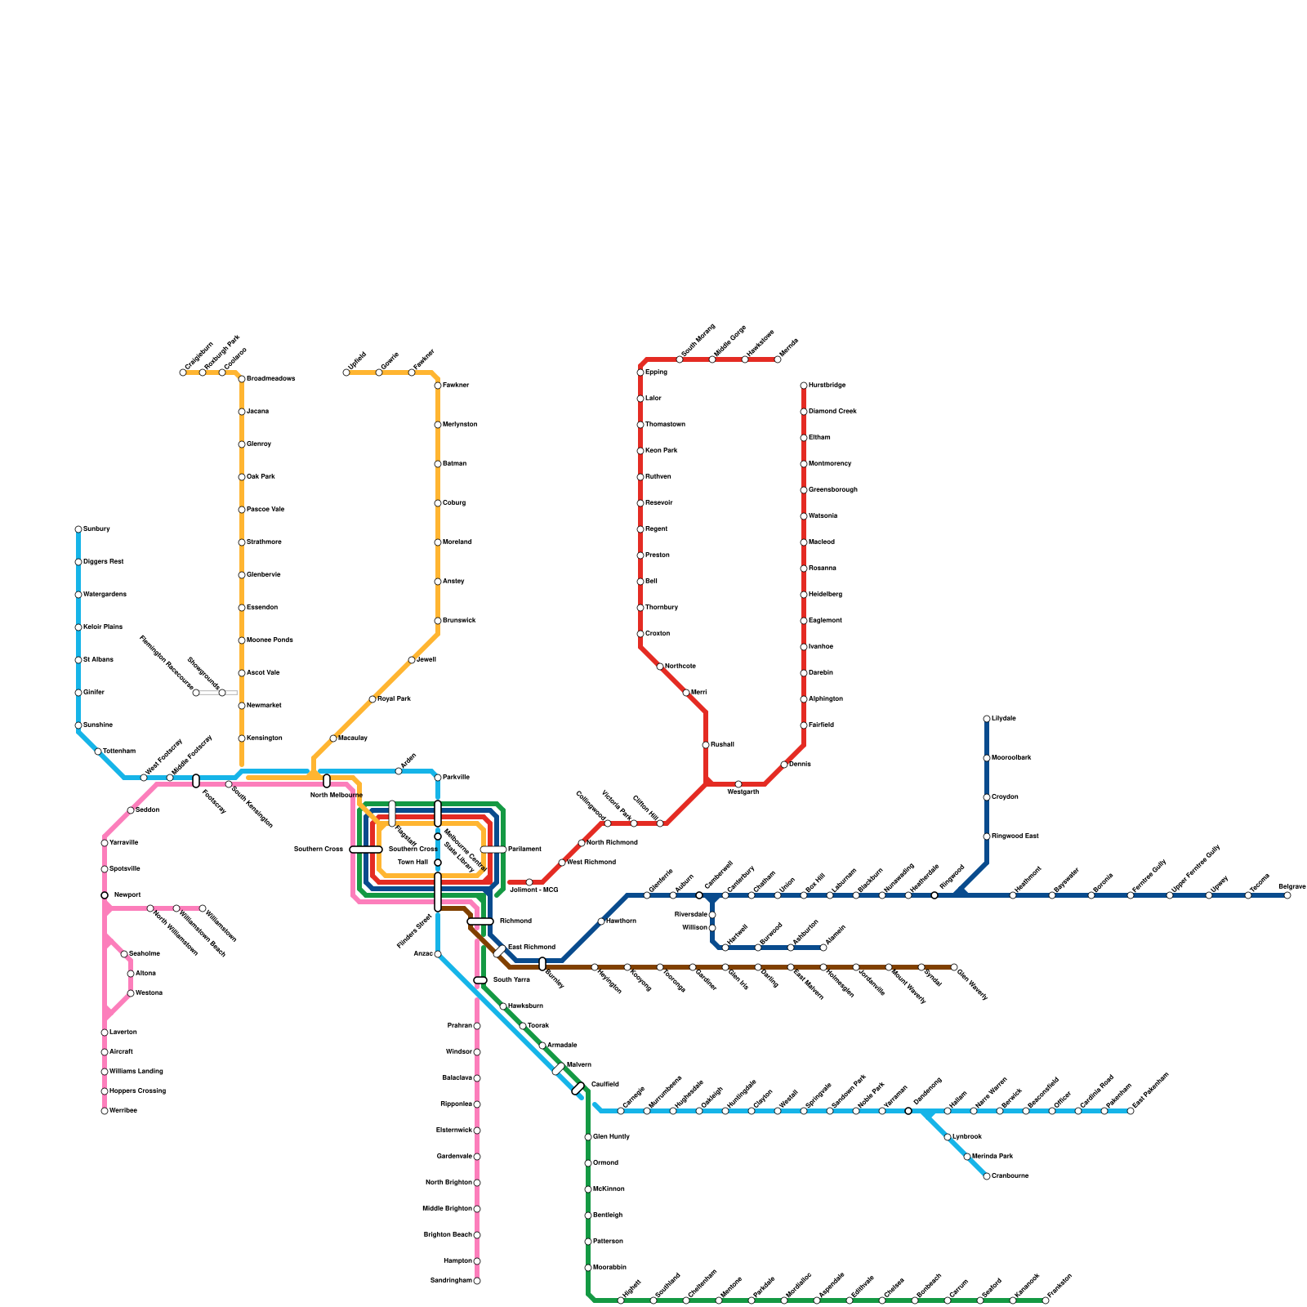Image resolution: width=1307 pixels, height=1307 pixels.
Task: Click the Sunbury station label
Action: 96,529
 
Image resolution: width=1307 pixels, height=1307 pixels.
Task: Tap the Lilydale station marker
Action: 987,719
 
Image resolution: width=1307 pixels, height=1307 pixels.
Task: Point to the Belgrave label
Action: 1291,886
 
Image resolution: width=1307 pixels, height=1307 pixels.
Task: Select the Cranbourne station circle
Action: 987,1176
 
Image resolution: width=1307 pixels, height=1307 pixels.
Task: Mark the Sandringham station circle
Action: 477,1281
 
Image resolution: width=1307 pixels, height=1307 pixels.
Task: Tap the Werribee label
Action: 123,1111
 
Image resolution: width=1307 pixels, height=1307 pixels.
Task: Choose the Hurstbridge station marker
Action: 804,386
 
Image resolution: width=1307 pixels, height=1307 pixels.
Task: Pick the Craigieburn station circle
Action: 183,372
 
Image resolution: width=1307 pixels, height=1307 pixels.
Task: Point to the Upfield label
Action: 357,360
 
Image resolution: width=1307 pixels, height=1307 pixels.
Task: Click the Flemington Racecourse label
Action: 166,662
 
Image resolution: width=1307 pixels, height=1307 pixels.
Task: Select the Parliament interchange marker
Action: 493,850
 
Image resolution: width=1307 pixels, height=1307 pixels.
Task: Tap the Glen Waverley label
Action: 972,984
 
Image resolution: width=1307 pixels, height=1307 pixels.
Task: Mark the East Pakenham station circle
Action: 1131,1111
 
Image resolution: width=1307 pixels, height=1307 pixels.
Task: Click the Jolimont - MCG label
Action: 533,890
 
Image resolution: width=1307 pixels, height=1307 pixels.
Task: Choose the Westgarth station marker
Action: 738,784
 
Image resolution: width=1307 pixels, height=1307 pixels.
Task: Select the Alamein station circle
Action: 823,948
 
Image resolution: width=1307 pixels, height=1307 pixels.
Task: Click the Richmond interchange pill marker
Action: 480,921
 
